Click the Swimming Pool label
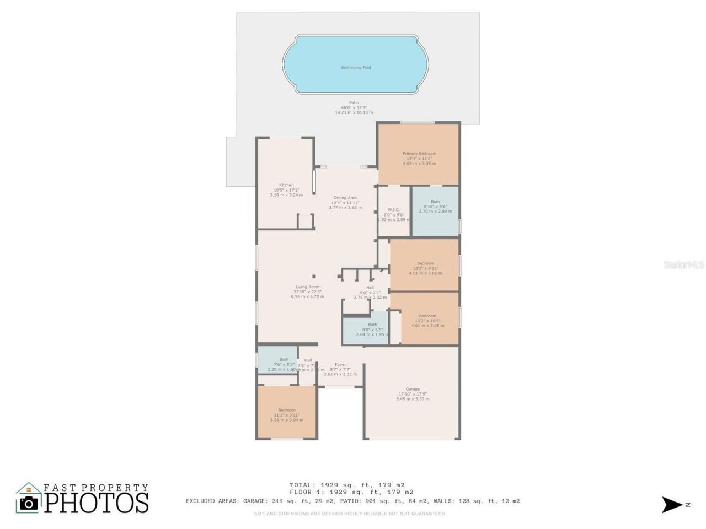pyautogui.click(x=355, y=67)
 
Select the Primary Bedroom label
pyautogui.click(x=419, y=158)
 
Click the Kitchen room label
pyautogui.click(x=286, y=190)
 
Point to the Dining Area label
pyautogui.click(x=345, y=202)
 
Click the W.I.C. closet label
pyautogui.click(x=394, y=214)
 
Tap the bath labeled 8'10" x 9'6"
pyautogui.click(x=435, y=206)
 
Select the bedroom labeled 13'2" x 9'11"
pyautogui.click(x=425, y=268)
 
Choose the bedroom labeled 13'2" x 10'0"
pyautogui.click(x=427, y=321)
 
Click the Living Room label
pyautogui.click(x=307, y=292)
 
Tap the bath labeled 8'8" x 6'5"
pyautogui.click(x=372, y=330)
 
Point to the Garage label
pyautogui.click(x=413, y=393)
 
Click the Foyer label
pyautogui.click(x=340, y=369)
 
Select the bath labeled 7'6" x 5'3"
pyautogui.click(x=284, y=364)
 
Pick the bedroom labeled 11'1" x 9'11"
pyautogui.click(x=287, y=414)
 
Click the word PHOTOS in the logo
pyautogui.click(x=97, y=503)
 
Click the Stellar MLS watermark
pyautogui.click(x=683, y=265)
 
